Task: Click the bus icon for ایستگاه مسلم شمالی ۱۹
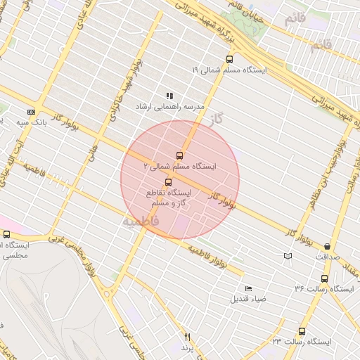229,59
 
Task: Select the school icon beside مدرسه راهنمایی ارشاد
169,96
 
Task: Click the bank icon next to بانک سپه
31,111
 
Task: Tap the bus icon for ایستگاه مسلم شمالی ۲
179,155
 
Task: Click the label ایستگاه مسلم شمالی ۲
180,167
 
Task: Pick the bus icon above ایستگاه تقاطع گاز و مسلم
167,182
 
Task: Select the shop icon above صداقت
328,246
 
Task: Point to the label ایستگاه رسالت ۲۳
302,342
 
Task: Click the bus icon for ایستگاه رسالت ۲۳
302,331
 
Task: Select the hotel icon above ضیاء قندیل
248,288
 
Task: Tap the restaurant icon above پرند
187,337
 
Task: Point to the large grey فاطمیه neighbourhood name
141,221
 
